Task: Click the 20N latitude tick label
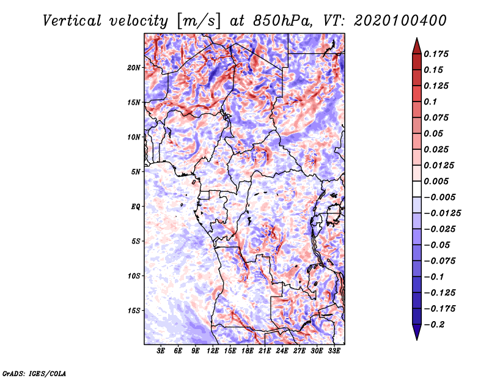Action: point(134,68)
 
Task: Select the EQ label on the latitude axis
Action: point(136,207)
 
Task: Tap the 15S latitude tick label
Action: point(134,311)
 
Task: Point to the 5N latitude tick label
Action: point(136,172)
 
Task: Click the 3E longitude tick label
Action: point(161,351)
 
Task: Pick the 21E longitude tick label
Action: point(265,351)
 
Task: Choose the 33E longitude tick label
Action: point(334,351)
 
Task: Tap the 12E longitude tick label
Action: point(212,351)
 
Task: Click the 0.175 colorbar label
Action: point(436,54)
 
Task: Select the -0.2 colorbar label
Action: point(434,325)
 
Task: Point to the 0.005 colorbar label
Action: point(436,181)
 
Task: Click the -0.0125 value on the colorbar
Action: point(442,213)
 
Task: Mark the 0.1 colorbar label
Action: point(430,102)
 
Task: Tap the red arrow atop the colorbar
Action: point(417,46)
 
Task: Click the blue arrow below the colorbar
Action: point(417,332)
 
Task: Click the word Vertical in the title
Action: point(72,21)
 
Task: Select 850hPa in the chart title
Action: point(282,21)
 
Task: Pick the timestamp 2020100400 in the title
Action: point(400,21)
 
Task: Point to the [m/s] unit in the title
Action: point(199,21)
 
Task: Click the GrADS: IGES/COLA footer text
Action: point(34,373)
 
